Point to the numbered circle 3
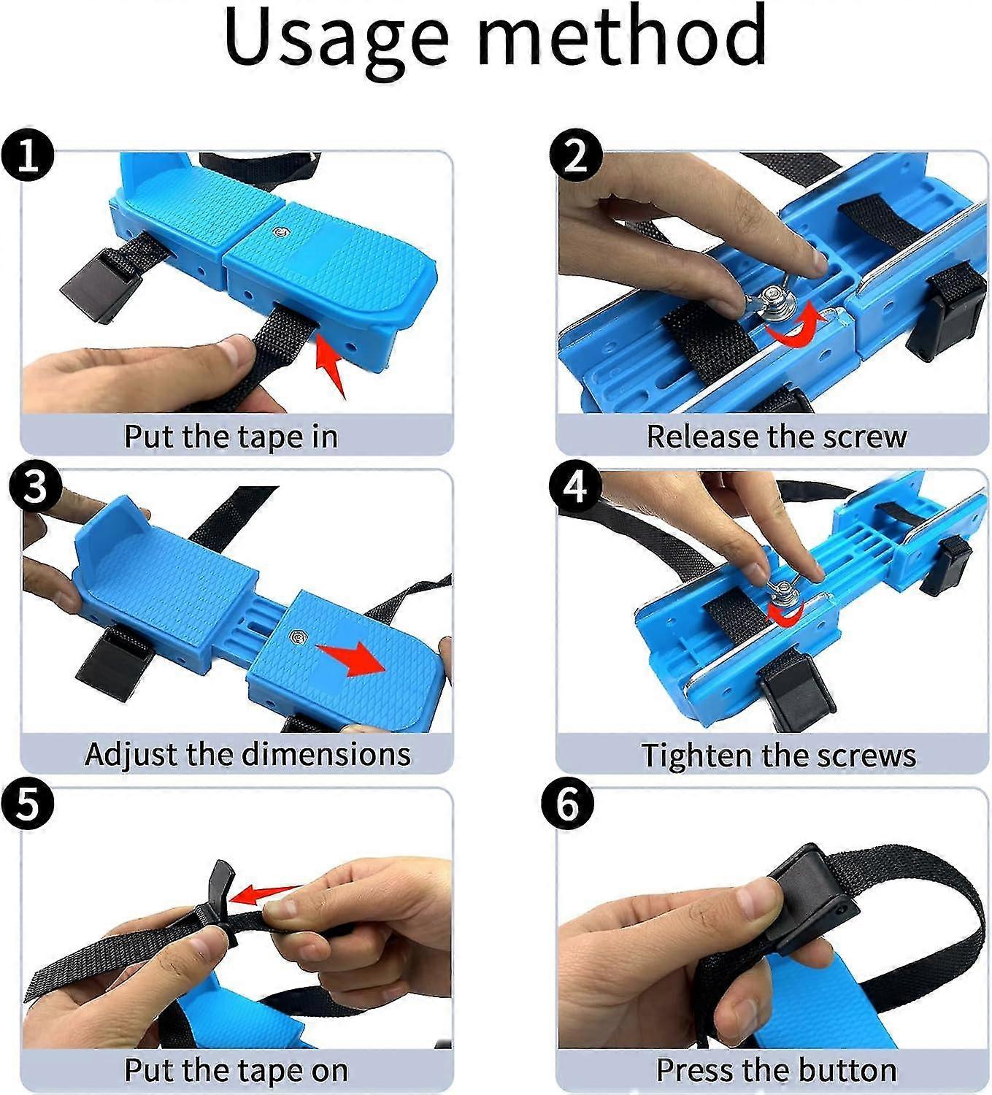(35, 487)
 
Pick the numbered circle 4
(575, 487)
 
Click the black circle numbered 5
(27, 804)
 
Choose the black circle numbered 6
(568, 804)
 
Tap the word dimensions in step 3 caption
(326, 754)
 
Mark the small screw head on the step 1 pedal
(280, 233)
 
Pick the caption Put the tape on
(236, 1070)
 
